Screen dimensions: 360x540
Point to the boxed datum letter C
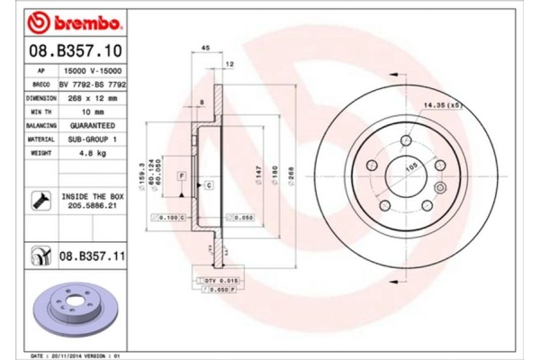[x=208, y=184]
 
